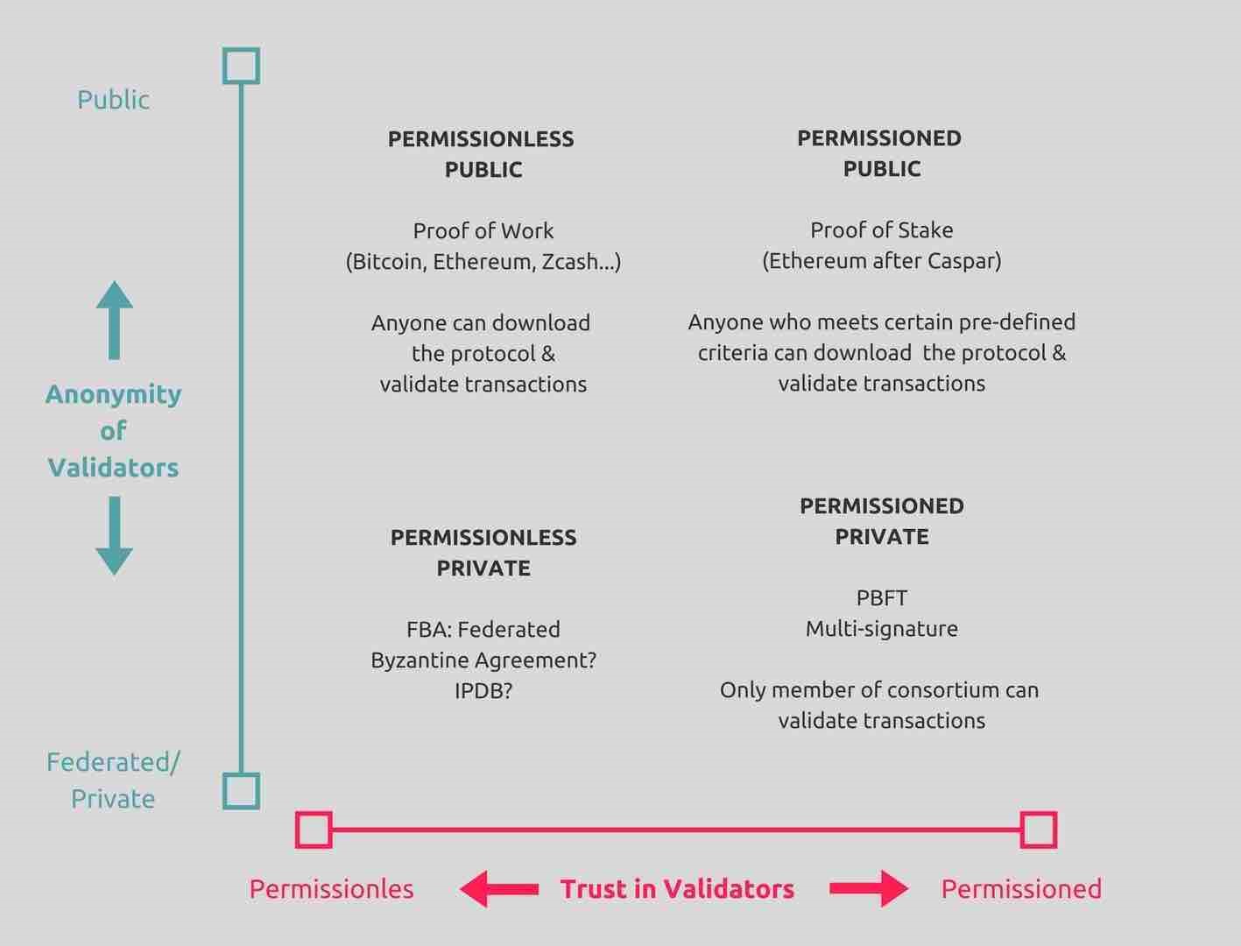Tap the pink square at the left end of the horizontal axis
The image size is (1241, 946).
point(298,830)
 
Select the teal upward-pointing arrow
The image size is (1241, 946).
point(114,321)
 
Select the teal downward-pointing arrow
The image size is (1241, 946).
point(114,535)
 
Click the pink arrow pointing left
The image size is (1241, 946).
point(498,889)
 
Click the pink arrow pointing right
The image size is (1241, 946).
point(869,889)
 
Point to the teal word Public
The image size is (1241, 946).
point(113,100)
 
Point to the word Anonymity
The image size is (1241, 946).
point(114,395)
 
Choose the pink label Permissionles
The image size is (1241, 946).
point(331,889)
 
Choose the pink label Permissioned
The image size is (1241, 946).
point(1021,889)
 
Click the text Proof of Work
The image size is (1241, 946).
point(483,230)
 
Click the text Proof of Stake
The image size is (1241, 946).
point(881,230)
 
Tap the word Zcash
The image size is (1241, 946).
point(569,261)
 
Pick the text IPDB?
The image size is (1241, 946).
point(483,690)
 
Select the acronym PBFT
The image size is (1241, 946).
point(881,597)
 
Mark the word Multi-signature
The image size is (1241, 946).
point(881,629)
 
